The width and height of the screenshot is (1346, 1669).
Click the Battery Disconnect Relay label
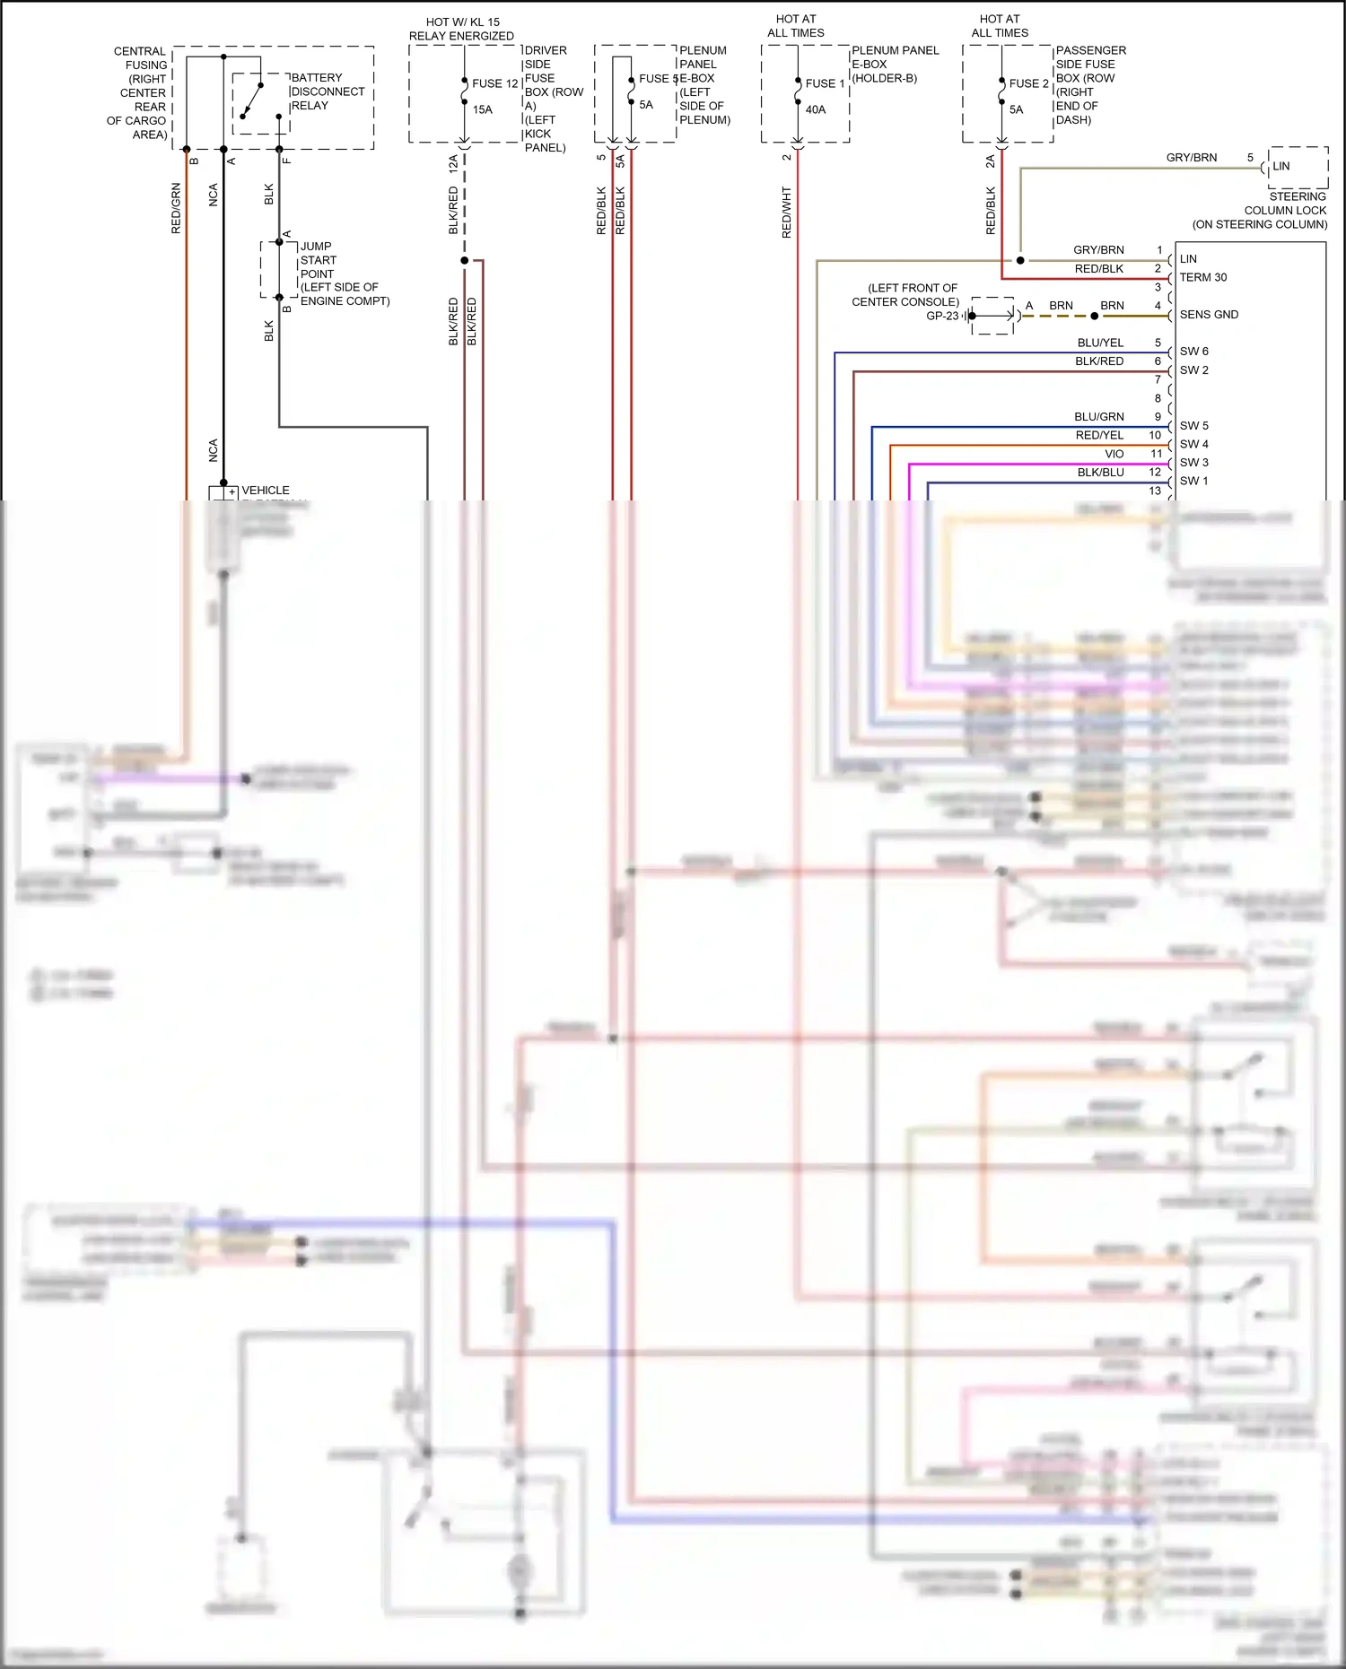pyautogui.click(x=327, y=91)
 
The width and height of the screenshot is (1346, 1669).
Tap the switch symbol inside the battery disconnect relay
pyautogui.click(x=251, y=100)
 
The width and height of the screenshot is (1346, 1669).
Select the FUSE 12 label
pyautogui.click(x=494, y=83)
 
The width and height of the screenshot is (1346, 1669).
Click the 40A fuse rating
pyautogui.click(x=815, y=109)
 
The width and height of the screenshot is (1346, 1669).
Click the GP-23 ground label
pyautogui.click(x=941, y=316)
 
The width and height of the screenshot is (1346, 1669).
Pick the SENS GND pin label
pyautogui.click(x=1208, y=315)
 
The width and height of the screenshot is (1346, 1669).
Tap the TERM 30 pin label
pyautogui.click(x=1202, y=277)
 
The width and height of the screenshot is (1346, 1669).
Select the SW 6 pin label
pyautogui.click(x=1193, y=352)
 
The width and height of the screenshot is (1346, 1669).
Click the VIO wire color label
pyautogui.click(x=1114, y=454)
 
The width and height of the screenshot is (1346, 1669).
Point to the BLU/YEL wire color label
pyautogui.click(x=1100, y=343)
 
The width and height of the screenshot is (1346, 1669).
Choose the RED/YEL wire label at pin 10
pyautogui.click(x=1099, y=435)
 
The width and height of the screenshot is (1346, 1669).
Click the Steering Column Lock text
pyautogui.click(x=1285, y=210)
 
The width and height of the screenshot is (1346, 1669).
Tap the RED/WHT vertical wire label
pyautogui.click(x=787, y=212)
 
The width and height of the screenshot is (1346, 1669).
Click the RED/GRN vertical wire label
pyautogui.click(x=176, y=208)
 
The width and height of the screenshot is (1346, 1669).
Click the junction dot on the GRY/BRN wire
pyautogui.click(x=1020, y=260)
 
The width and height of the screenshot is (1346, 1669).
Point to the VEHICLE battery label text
pyautogui.click(x=266, y=491)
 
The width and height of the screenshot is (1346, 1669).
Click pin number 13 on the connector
pyautogui.click(x=1155, y=491)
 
